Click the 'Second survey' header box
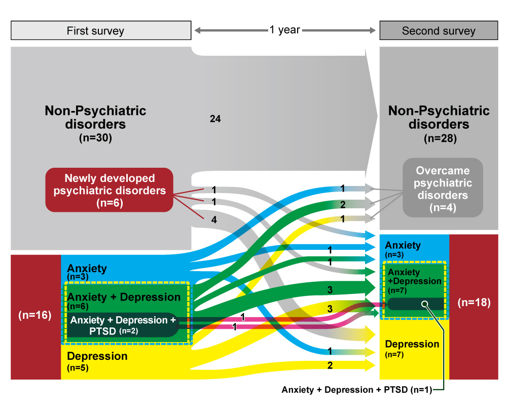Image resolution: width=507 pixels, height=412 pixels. click(x=439, y=31)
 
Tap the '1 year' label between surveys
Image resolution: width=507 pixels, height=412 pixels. click(x=284, y=30)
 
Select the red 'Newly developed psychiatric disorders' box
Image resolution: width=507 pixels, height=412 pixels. click(x=110, y=190)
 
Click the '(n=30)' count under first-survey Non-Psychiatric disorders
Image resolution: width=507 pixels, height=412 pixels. click(x=95, y=137)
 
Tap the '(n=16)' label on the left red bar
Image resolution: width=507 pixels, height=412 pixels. click(x=34, y=315)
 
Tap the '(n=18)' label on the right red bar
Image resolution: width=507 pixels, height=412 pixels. click(x=474, y=303)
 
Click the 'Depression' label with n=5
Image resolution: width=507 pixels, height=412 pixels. click(x=97, y=356)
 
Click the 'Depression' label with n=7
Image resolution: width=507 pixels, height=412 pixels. click(x=412, y=344)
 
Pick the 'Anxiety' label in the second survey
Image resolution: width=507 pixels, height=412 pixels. click(x=403, y=245)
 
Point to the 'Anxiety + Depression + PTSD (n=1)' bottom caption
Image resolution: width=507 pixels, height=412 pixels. click(x=360, y=390)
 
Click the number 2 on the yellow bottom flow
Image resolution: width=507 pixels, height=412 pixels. click(x=330, y=365)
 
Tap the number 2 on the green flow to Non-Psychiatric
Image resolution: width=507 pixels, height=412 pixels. click(x=343, y=204)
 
